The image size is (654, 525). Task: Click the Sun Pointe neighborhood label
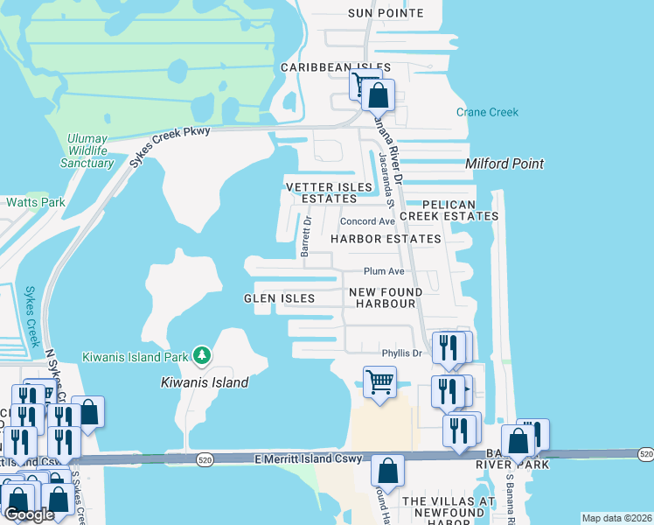386,13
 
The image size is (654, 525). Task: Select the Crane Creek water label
487,112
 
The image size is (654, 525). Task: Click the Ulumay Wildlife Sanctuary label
91,150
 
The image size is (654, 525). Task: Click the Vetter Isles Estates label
324,192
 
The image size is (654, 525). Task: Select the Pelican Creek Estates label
449,210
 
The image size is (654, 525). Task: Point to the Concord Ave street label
368,222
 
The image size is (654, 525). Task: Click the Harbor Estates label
386,239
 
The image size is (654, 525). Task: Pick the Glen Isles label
279,298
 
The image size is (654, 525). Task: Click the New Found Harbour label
386,297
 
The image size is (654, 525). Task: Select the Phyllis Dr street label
401,353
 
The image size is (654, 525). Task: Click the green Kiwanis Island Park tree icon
202,354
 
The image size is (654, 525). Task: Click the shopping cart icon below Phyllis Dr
379,381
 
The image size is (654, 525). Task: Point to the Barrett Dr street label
306,236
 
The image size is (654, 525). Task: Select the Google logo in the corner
28,514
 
